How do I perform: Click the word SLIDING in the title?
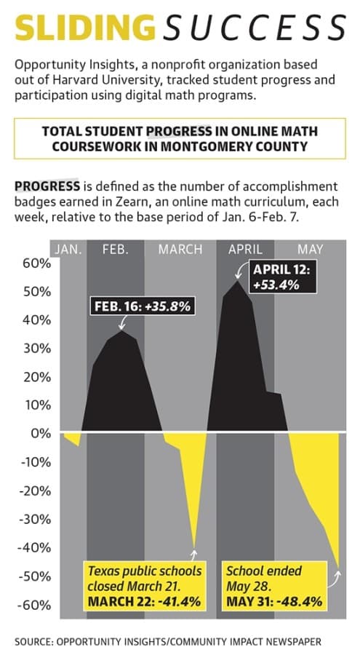click(85, 27)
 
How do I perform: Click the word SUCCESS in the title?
click(255, 28)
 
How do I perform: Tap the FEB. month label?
click(116, 250)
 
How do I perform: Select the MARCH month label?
click(180, 250)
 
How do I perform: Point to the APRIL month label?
click(245, 250)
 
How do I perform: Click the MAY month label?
click(311, 250)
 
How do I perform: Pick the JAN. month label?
click(68, 250)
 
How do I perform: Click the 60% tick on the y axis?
click(37, 263)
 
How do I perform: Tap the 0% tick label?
click(41, 433)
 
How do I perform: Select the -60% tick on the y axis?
click(34, 605)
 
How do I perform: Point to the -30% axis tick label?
click(34, 519)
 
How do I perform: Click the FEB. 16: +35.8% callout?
click(143, 306)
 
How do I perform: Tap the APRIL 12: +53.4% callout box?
click(282, 277)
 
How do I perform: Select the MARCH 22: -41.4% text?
click(144, 602)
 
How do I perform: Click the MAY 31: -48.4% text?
click(274, 602)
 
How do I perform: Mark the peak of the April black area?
click(237, 281)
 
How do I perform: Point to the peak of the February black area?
click(121, 331)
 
